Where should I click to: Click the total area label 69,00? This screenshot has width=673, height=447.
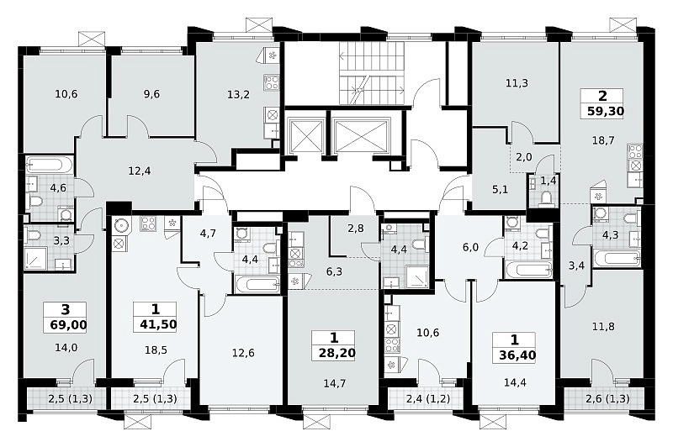[x=68, y=324]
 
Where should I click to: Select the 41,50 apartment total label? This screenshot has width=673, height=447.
[x=158, y=324]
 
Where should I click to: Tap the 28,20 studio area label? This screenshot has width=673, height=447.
[x=337, y=353]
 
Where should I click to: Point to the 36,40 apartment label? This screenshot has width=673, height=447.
[x=517, y=355]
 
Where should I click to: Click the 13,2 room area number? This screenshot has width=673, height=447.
[x=238, y=94]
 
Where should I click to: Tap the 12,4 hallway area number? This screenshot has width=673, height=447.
[x=140, y=171]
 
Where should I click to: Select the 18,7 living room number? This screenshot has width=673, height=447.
[x=603, y=140]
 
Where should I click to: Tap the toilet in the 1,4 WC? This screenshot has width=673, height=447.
[x=546, y=198]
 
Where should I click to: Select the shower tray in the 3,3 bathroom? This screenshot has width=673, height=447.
[x=35, y=260]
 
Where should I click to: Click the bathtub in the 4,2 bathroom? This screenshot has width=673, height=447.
[x=529, y=270]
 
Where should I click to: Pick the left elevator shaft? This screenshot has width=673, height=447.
[x=306, y=135]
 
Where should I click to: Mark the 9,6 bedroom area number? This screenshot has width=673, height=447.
[x=152, y=94]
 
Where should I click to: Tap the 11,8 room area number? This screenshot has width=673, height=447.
[x=603, y=327]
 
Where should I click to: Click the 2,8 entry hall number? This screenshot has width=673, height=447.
[x=356, y=229]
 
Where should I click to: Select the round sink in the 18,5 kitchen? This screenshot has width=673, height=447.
[x=120, y=224]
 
